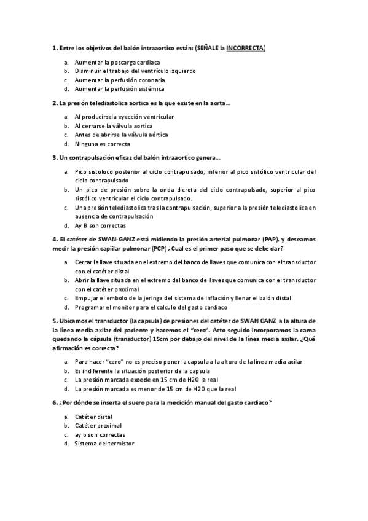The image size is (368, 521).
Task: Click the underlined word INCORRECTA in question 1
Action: [246, 48]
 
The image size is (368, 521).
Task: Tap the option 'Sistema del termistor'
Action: [103, 444]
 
